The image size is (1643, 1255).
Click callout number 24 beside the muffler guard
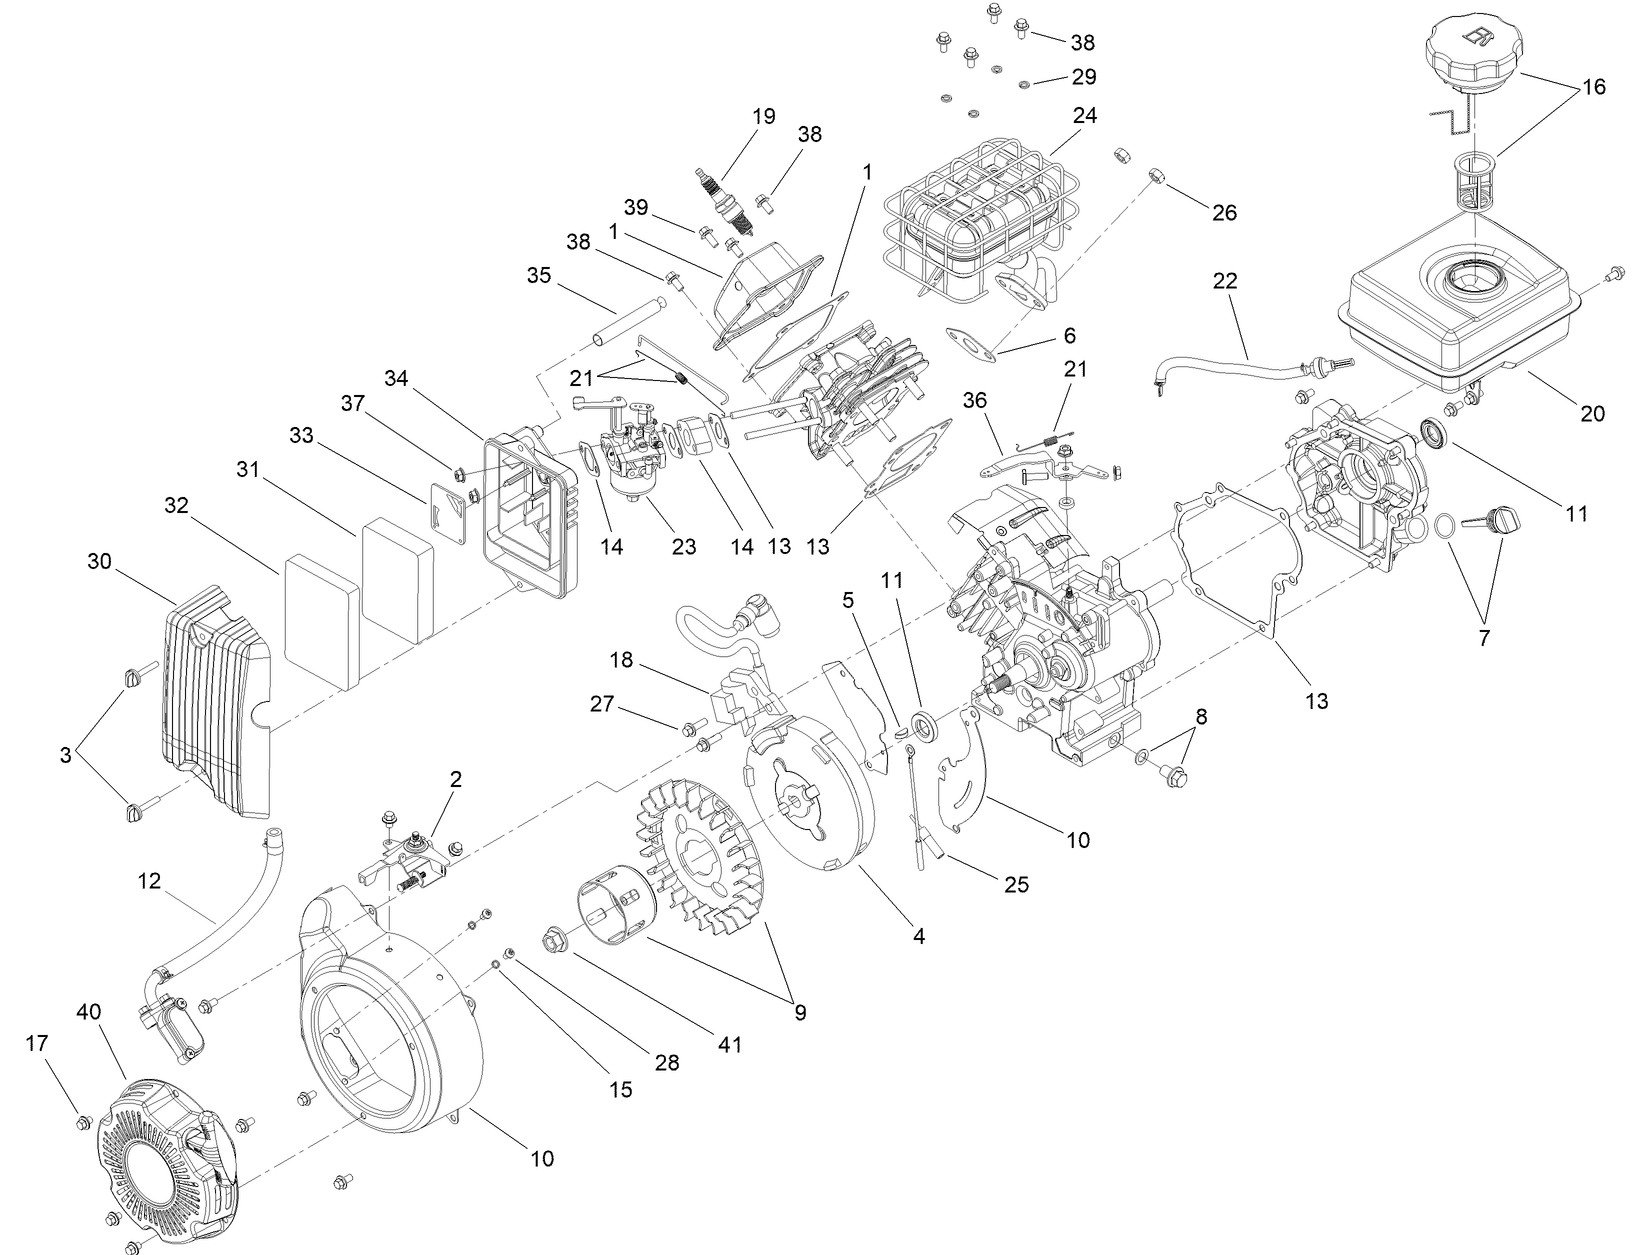pyautogui.click(x=1084, y=116)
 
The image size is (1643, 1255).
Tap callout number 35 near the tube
pyautogui.click(x=539, y=276)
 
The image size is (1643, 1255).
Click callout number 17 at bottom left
pyautogui.click(x=37, y=1043)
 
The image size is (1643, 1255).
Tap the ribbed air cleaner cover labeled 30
pyautogui.click(x=215, y=700)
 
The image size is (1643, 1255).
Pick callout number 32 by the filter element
pyautogui.click(x=176, y=506)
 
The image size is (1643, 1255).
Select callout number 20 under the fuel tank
pyautogui.click(x=1592, y=413)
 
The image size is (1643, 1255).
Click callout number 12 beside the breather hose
pyautogui.click(x=149, y=881)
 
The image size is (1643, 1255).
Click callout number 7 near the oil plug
pyautogui.click(x=1483, y=637)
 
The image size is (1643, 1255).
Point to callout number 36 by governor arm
pyautogui.click(x=974, y=399)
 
